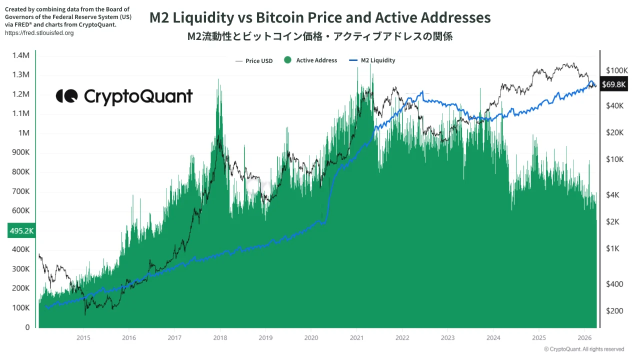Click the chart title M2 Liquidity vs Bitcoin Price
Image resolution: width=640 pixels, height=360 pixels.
pyautogui.click(x=320, y=18)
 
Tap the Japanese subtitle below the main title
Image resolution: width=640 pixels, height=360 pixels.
pyautogui.click(x=320, y=36)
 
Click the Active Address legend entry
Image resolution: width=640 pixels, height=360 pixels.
pyautogui.click(x=310, y=60)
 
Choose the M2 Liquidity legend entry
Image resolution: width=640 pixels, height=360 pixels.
pyautogui.click(x=372, y=60)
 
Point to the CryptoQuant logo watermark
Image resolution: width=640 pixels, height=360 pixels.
pyautogui.click(x=124, y=96)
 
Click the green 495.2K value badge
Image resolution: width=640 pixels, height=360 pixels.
pyautogui.click(x=21, y=230)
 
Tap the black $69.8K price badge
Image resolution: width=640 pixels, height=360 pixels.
pyautogui.click(x=613, y=84)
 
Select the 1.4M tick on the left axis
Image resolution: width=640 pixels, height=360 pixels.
pyautogui.click(x=21, y=55)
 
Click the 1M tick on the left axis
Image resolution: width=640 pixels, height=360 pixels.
pyautogui.click(x=23, y=133)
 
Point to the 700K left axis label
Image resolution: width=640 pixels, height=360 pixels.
pyautogui.click(x=21, y=191)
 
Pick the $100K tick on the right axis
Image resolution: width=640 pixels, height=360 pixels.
pyautogui.click(x=616, y=70)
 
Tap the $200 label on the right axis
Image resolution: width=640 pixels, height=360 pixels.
pyautogui.click(x=614, y=311)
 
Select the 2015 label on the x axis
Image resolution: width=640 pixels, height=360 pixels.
pyautogui.click(x=83, y=337)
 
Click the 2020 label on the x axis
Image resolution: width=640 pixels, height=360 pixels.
pyautogui.click(x=311, y=337)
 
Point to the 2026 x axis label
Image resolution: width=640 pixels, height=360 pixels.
pyautogui.click(x=584, y=337)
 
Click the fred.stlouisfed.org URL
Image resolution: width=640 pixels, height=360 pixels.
pyautogui.click(x=39, y=33)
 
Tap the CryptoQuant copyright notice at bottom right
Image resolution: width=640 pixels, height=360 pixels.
pyautogui.click(x=583, y=349)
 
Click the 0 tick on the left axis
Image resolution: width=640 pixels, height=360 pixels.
pyautogui.click(x=27, y=327)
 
